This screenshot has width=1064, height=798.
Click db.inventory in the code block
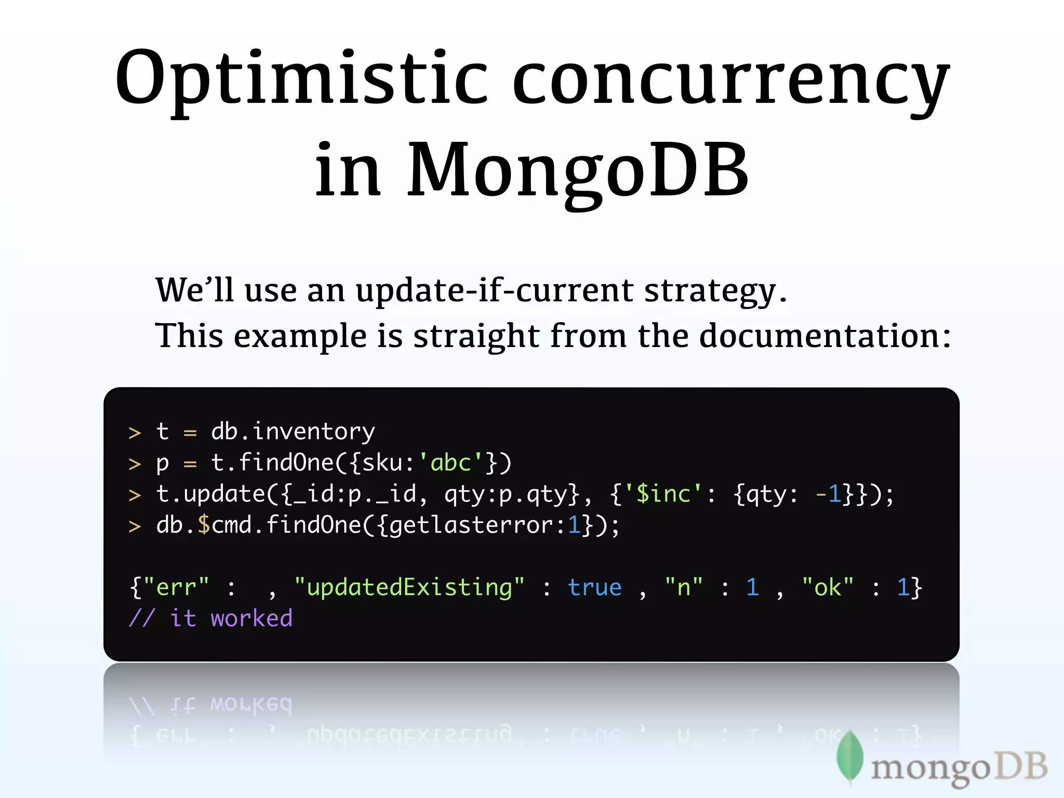coord(292,432)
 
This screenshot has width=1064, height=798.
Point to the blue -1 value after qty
coord(828,494)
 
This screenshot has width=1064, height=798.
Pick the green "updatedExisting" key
coord(409,588)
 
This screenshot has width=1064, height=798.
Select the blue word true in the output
coord(594,588)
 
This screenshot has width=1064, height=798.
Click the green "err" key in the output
coord(176,588)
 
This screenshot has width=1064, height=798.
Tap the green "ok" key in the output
coord(828,588)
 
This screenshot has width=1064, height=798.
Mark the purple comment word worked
coord(251,619)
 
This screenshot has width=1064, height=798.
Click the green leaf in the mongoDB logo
coord(850,756)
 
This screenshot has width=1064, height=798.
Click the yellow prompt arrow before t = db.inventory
coord(135,433)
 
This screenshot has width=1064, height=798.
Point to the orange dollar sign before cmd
coord(204,525)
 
